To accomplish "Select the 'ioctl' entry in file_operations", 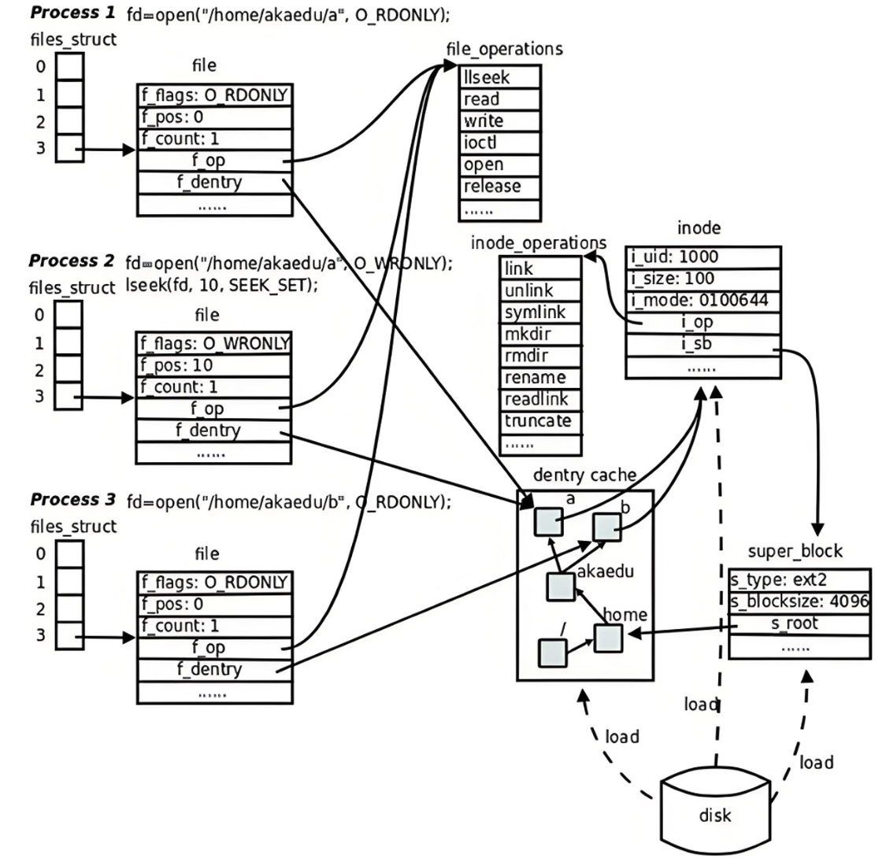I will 500,143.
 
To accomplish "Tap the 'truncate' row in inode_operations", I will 540,421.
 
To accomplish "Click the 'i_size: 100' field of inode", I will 703,279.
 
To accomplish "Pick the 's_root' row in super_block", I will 799,624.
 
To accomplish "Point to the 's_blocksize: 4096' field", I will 799,602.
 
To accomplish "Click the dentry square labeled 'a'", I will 548,521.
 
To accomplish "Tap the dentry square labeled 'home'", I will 609,637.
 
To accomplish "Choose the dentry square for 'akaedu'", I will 560,586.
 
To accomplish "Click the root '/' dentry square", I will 552,652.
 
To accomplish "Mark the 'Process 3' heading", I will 72,500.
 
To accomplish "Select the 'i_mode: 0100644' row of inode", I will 703,301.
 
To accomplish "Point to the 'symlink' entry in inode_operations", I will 540,312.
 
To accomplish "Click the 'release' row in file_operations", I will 500,187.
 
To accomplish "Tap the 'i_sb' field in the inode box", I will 703,345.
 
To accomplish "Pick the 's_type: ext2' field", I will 799,580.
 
